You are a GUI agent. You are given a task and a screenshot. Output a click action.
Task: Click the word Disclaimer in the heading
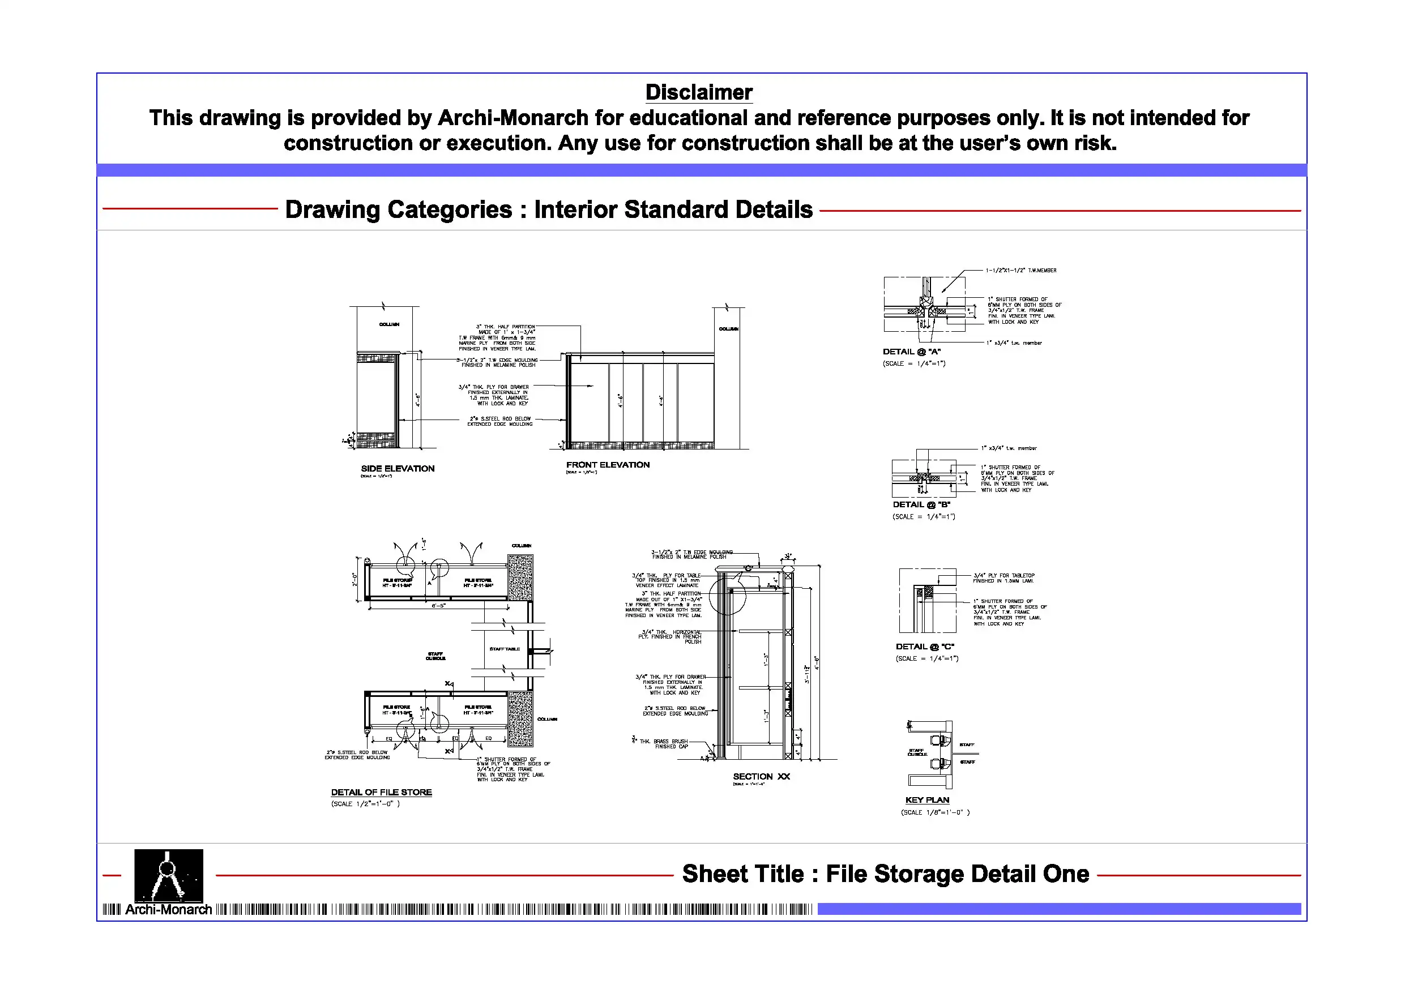pyautogui.click(x=699, y=92)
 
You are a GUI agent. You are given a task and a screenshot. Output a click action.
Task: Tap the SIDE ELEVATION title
pyautogui.click(x=398, y=469)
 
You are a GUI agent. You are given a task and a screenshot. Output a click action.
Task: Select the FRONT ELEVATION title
pyautogui.click(x=608, y=465)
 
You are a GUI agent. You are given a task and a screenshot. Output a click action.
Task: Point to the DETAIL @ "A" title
pyautogui.click(x=912, y=352)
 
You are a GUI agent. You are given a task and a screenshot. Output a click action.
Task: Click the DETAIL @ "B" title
pyautogui.click(x=921, y=505)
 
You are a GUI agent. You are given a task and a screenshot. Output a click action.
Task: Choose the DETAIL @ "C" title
pyautogui.click(x=925, y=647)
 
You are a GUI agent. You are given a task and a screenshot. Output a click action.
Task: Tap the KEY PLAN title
pyautogui.click(x=927, y=801)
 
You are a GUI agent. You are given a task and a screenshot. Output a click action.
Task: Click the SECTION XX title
pyautogui.click(x=761, y=776)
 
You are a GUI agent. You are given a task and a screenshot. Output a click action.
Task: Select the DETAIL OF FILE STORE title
pyautogui.click(x=381, y=793)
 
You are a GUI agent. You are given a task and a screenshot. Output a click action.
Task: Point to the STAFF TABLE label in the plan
pyautogui.click(x=504, y=649)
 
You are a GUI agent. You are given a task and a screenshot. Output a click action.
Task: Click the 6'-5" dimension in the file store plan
pyautogui.click(x=439, y=606)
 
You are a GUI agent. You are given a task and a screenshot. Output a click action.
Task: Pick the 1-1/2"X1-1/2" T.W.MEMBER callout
pyautogui.click(x=1020, y=271)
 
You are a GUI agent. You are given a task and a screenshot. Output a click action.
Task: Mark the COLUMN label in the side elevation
pyautogui.click(x=388, y=324)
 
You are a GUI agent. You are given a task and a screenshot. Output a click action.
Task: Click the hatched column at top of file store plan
pyautogui.click(x=520, y=577)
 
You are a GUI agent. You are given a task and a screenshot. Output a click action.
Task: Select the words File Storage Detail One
pyautogui.click(x=958, y=874)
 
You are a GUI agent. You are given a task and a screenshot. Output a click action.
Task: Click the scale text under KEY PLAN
pyautogui.click(x=935, y=812)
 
